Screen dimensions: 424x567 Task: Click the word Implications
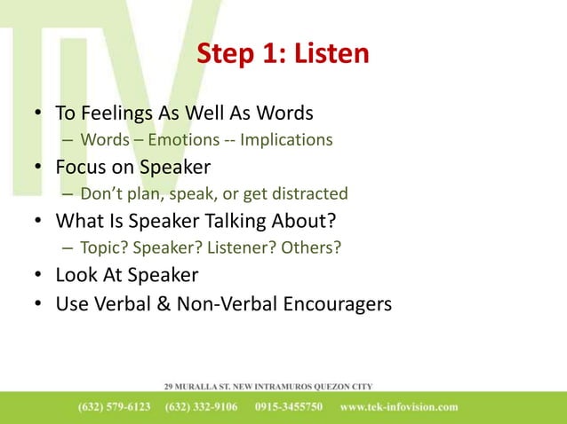coord(286,140)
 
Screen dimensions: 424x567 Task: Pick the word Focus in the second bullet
coord(82,168)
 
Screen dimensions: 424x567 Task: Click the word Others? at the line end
coord(310,247)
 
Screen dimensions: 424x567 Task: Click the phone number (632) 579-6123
coord(115,407)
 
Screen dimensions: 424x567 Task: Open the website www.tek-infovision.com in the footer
coord(399,407)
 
